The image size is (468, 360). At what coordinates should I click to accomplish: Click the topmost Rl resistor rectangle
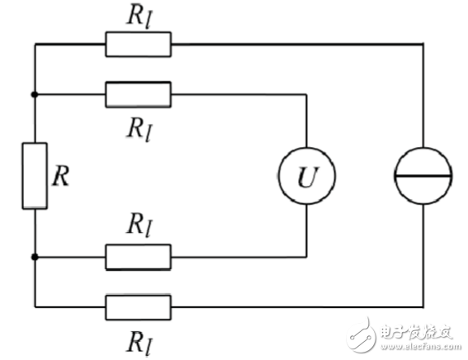click(x=138, y=44)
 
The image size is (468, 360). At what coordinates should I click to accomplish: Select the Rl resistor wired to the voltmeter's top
click(x=138, y=94)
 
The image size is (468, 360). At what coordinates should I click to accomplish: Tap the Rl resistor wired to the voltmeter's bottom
click(x=138, y=257)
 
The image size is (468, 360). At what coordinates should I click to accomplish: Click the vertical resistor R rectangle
click(x=34, y=175)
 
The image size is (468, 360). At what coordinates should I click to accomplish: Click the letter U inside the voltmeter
click(x=307, y=177)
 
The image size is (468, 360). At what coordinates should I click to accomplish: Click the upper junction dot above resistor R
click(x=34, y=94)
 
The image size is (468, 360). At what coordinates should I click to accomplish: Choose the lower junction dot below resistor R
click(x=34, y=257)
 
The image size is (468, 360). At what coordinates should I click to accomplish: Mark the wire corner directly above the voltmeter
click(x=307, y=94)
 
